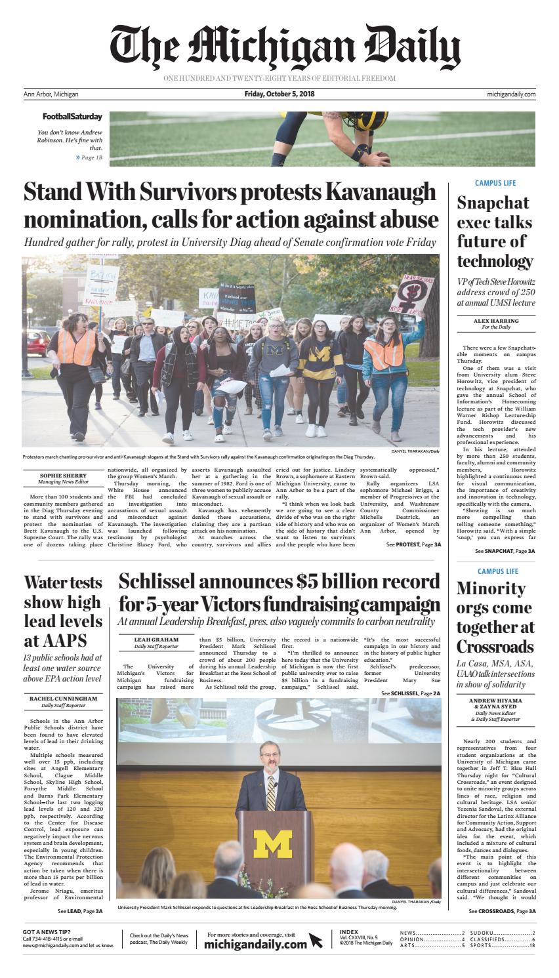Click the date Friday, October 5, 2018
pos(279,94)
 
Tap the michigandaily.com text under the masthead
pos(511,94)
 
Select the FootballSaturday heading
pos(72,117)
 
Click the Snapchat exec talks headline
pos(495,232)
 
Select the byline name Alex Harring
pos(495,321)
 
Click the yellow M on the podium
pos(273,844)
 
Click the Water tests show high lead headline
pos(63,611)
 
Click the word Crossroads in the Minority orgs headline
pos(496,645)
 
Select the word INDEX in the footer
pos(349,932)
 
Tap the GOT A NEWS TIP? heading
pos(47,933)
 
